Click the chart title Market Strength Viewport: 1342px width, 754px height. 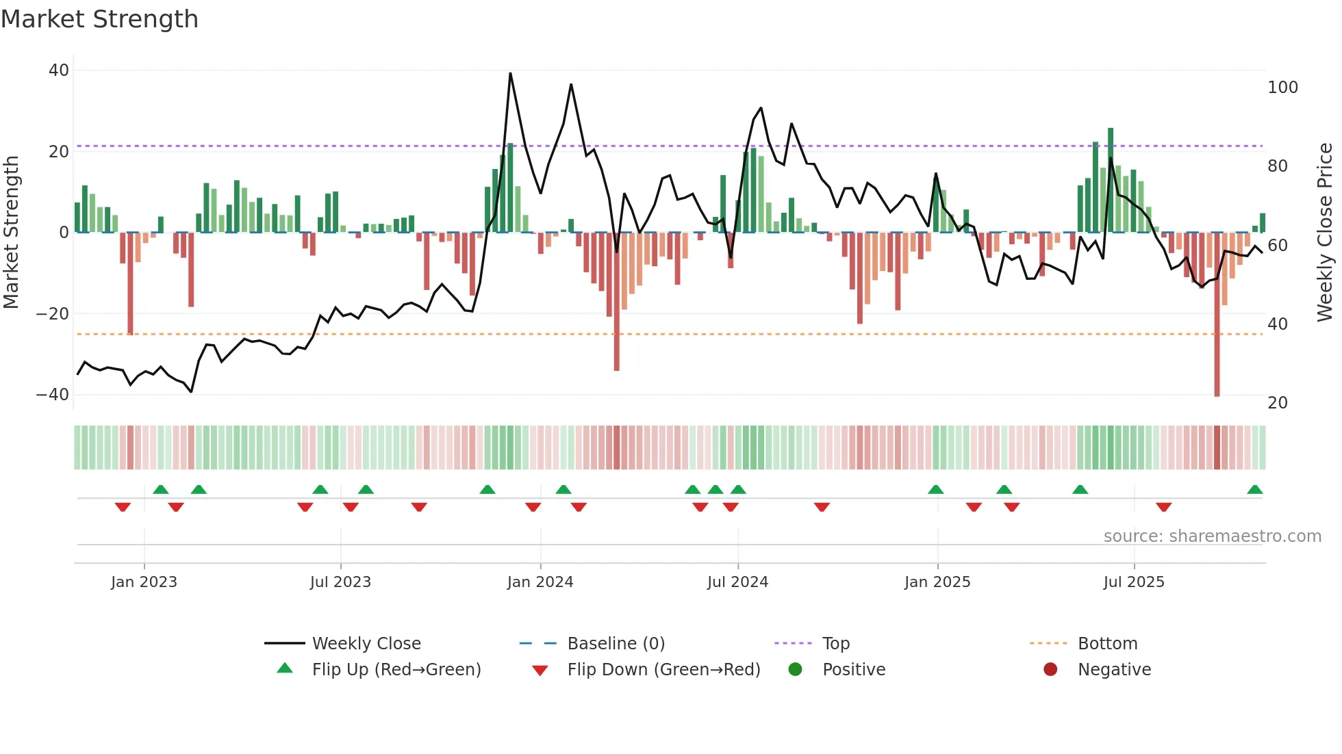pyautogui.click(x=100, y=19)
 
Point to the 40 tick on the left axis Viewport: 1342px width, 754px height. pyautogui.click(x=59, y=70)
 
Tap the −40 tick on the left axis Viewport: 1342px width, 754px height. pyautogui.click(x=53, y=395)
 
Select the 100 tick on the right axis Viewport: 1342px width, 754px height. pyautogui.click(x=1282, y=88)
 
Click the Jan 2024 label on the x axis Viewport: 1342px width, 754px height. pyautogui.click(x=540, y=582)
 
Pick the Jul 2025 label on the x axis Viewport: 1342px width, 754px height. pyautogui.click(x=1134, y=582)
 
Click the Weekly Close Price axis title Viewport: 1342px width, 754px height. pyautogui.click(x=1325, y=233)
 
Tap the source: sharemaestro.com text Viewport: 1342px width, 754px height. pyautogui.click(x=1212, y=536)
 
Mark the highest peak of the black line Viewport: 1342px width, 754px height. pyautogui.click(x=510, y=73)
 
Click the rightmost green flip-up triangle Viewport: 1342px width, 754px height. pyautogui.click(x=1255, y=490)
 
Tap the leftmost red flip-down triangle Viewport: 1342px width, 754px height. pyautogui.click(x=123, y=507)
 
